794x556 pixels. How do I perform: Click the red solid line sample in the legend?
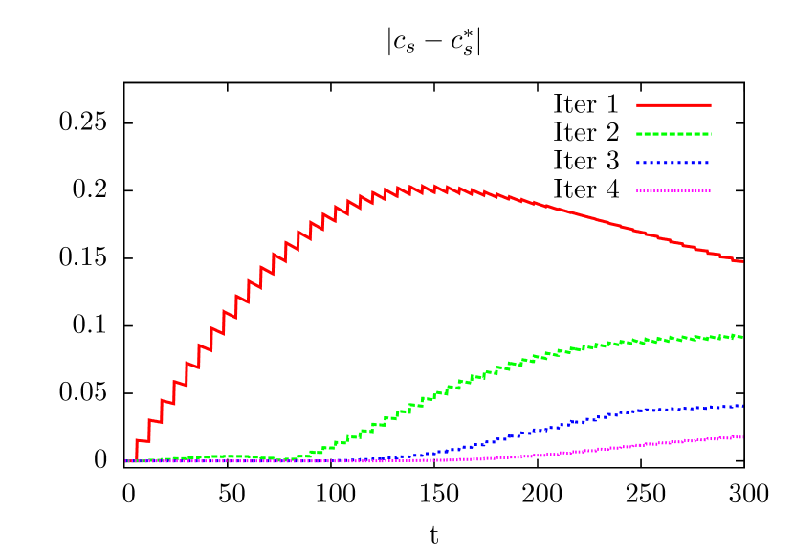pos(673,105)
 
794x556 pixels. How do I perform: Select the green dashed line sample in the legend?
pos(673,134)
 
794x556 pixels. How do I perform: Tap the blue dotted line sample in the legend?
pos(673,163)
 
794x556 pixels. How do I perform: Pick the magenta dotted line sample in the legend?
pos(673,190)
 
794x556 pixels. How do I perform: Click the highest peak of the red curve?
pos(423,186)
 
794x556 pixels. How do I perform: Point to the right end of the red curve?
pos(742,261)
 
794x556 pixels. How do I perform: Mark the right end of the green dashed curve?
pos(743,337)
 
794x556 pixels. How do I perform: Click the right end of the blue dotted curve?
pos(743,406)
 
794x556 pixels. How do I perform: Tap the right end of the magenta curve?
pos(743,437)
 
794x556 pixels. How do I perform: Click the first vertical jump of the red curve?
pos(137,451)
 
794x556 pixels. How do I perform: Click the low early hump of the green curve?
pos(225,456)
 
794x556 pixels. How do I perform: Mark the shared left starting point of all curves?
pos(126,461)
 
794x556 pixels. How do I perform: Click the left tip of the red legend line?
pos(637,105)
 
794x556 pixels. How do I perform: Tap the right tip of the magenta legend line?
pos(711,190)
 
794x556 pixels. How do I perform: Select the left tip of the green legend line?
pos(637,134)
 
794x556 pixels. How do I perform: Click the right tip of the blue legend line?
pos(711,163)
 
